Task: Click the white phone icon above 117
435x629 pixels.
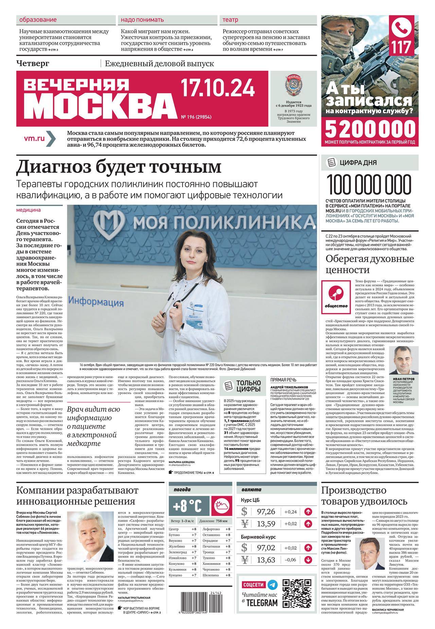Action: click(402, 29)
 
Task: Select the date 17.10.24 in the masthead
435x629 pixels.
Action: click(217, 88)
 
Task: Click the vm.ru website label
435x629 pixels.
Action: click(35, 138)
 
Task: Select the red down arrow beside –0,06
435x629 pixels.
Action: click(308, 560)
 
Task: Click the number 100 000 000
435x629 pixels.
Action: click(369, 185)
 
